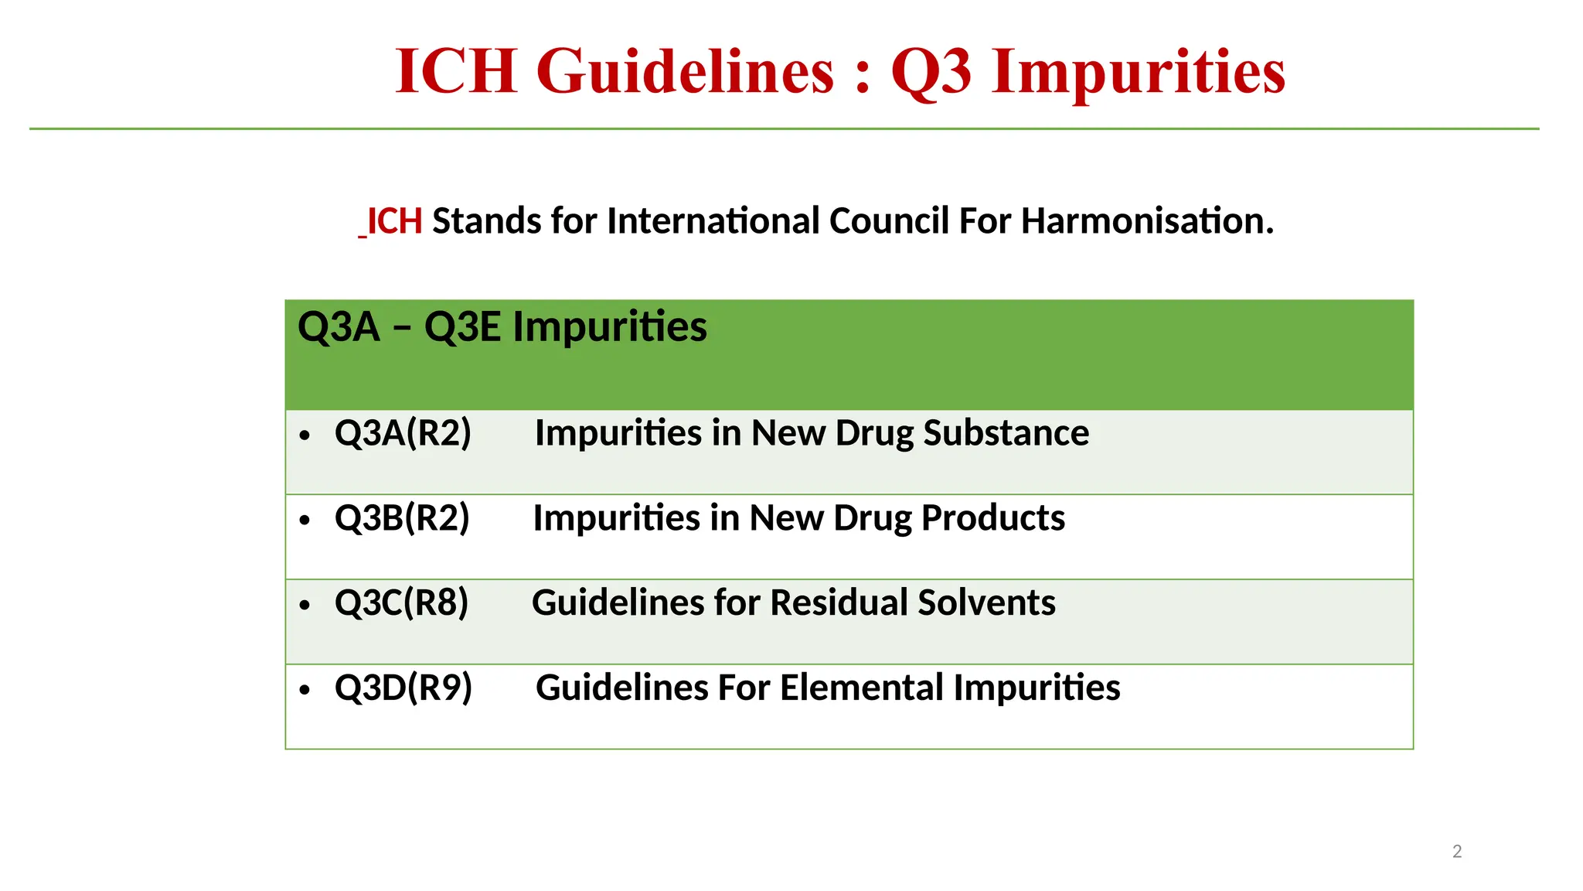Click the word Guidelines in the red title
pos(685,71)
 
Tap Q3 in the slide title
pos(931,71)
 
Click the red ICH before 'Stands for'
pos(394,221)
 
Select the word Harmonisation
pos(1147,221)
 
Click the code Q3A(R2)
pos(403,432)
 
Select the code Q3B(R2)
pos(402,517)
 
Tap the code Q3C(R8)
pos(401,603)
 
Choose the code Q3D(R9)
pos(403,688)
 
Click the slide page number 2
pos(1457,852)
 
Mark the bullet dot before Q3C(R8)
pos(305,605)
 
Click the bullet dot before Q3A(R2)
pos(305,435)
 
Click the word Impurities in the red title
pos(1139,71)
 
